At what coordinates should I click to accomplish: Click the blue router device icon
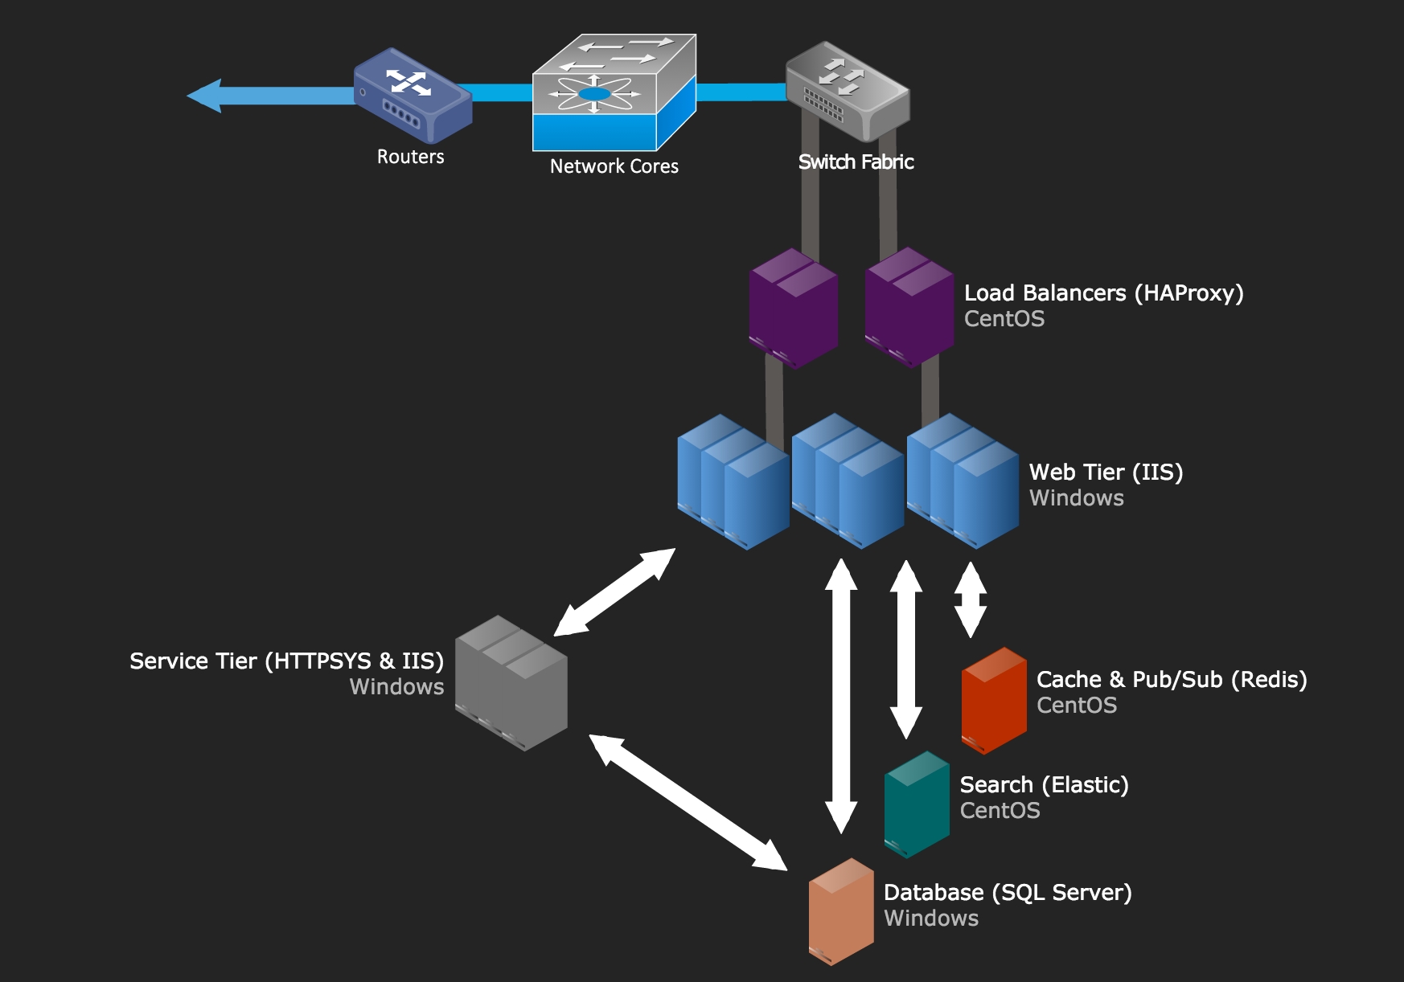[x=413, y=95]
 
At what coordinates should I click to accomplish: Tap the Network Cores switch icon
[x=614, y=92]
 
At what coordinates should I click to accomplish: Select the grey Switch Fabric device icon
[x=847, y=91]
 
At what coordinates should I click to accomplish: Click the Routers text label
[x=410, y=157]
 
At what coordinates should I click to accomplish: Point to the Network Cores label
[x=614, y=166]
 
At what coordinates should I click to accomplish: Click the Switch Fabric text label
[x=856, y=162]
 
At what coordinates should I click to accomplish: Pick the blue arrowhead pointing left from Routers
[x=205, y=96]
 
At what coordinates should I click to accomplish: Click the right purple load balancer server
[x=909, y=308]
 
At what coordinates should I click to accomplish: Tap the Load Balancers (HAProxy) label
[x=1103, y=293]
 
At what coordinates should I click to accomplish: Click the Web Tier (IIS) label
[x=1106, y=473]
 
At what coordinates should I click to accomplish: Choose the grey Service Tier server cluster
[x=511, y=683]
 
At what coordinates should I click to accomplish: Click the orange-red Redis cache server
[x=994, y=701]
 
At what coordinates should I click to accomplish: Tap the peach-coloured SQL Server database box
[x=841, y=911]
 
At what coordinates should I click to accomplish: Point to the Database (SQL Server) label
[x=1007, y=893]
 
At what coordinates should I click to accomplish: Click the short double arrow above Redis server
[x=971, y=599]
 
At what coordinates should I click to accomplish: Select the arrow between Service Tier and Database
[x=688, y=802]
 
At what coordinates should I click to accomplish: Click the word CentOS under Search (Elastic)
[x=1000, y=811]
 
